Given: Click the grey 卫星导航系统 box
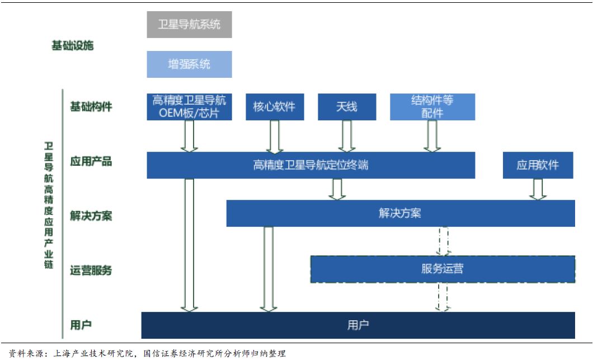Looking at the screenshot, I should tap(189, 25).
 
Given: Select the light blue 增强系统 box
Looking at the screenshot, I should tap(189, 64).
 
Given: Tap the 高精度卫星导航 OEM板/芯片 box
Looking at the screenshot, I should tap(189, 106).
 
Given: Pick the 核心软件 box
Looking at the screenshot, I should tap(274, 106).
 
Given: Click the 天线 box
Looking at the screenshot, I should tap(347, 106).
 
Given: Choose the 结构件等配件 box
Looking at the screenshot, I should tap(432, 106).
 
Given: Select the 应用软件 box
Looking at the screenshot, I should tap(538, 165).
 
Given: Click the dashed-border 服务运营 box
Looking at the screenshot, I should tap(443, 269).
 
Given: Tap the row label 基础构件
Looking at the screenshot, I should tap(91, 106).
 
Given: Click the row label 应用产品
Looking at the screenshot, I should tap(91, 162).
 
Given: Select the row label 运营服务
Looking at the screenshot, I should tap(91, 270).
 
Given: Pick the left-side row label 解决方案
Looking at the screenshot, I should tap(91, 216).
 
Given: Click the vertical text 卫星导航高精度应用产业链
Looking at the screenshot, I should tap(49, 204).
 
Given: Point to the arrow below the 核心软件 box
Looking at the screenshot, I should tap(274, 136).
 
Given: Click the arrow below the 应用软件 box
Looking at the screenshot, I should tap(538, 189).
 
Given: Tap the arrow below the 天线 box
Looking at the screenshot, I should tap(347, 136).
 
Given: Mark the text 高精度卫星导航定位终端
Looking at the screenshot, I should tap(310, 165).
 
